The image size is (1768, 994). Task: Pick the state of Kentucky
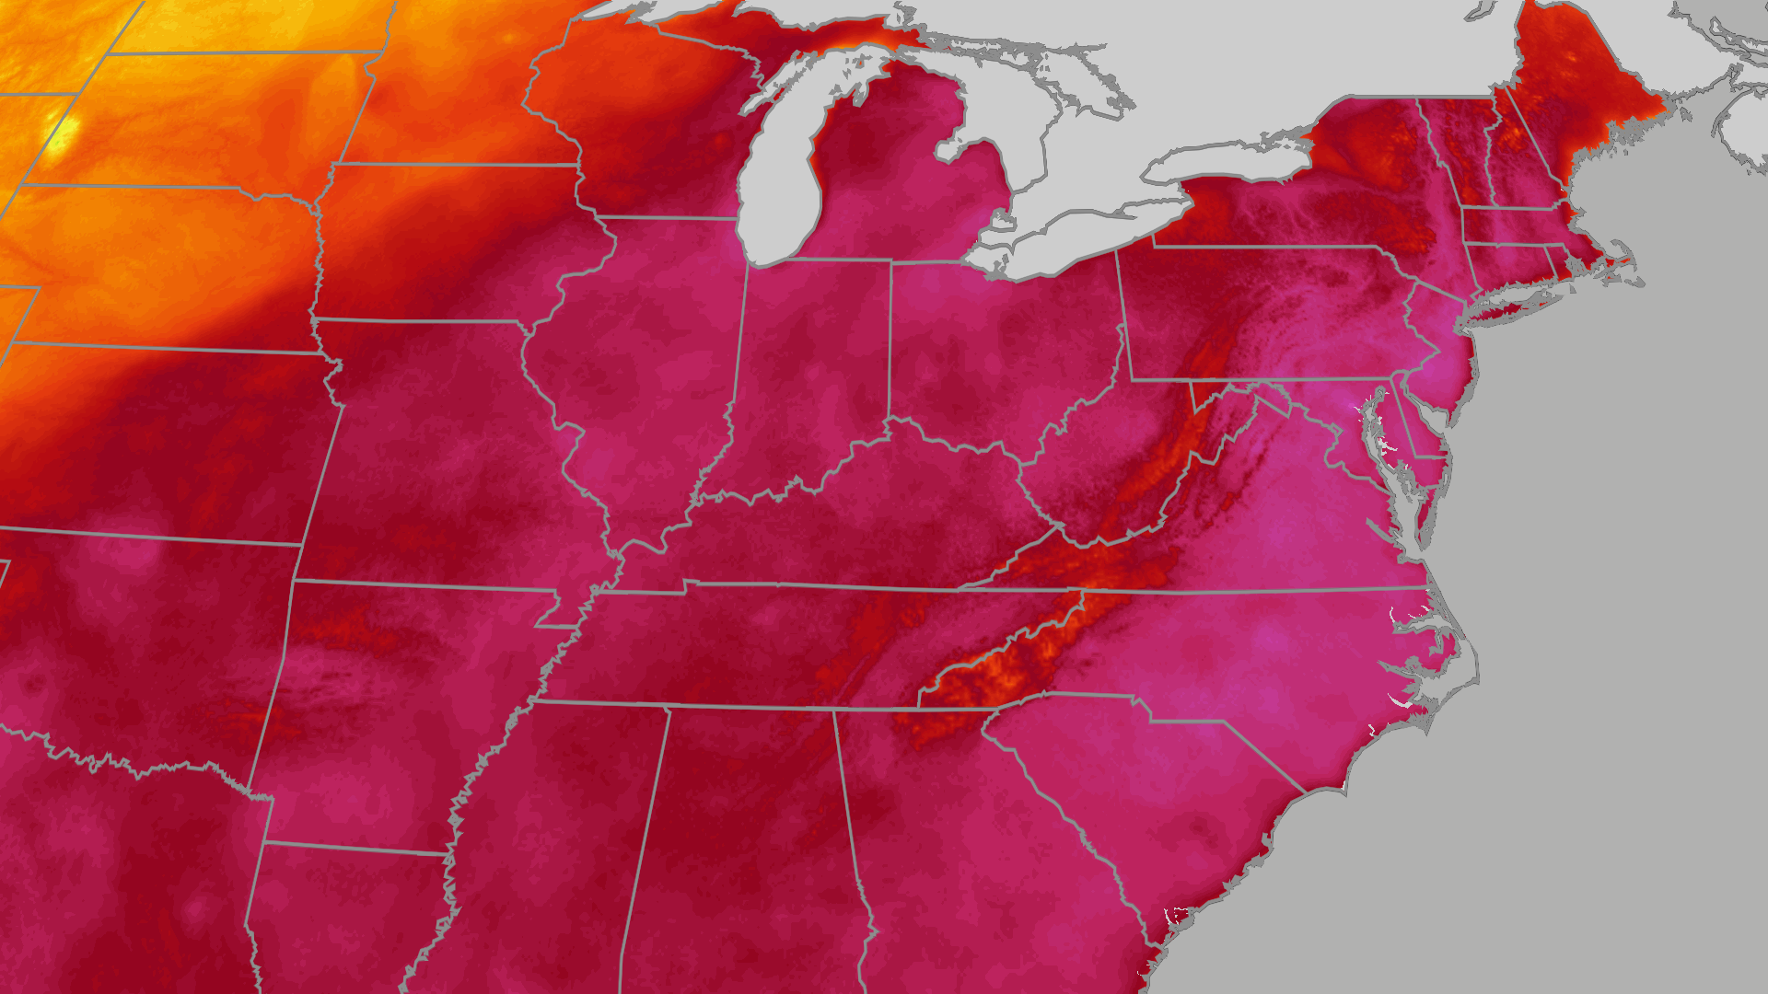[x=875, y=525]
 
